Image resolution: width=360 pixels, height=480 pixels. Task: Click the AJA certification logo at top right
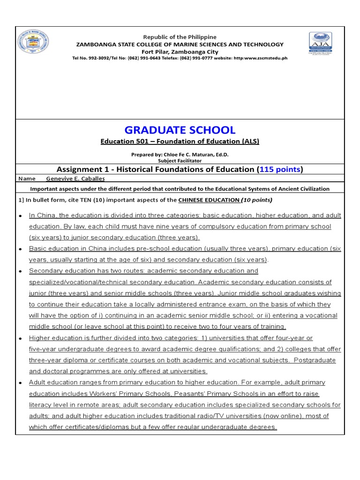click(x=320, y=44)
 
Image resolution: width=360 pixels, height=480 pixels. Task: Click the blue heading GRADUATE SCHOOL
click(x=180, y=130)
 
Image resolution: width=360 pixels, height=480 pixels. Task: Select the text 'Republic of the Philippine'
click(x=180, y=37)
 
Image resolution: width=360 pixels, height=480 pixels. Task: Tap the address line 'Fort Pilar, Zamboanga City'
click(x=180, y=52)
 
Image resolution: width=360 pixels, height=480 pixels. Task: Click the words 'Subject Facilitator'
click(x=180, y=160)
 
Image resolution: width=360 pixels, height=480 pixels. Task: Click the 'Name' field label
click(x=27, y=179)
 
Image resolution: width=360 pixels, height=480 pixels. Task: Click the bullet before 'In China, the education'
click(x=20, y=216)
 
